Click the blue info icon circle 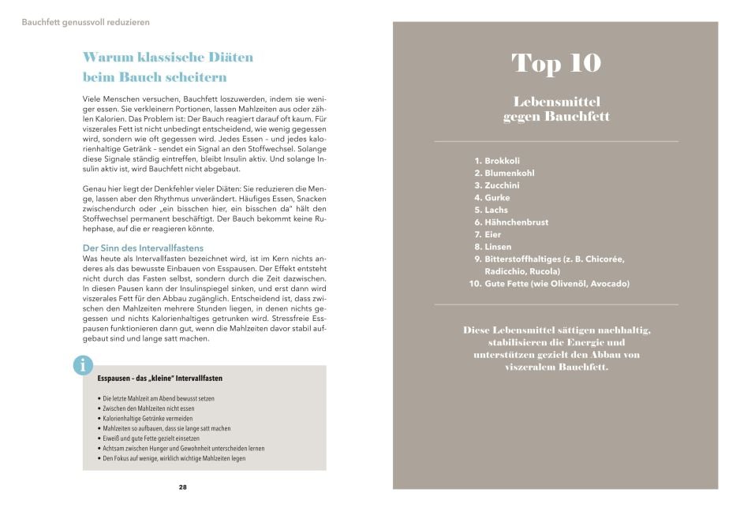point(82,364)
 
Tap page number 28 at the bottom point(183,487)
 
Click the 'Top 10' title point(556,63)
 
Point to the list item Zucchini point(502,185)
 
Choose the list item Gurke point(497,197)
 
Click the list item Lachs point(496,210)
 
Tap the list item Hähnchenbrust point(516,222)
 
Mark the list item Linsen point(498,247)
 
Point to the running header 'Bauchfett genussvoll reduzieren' point(86,22)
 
